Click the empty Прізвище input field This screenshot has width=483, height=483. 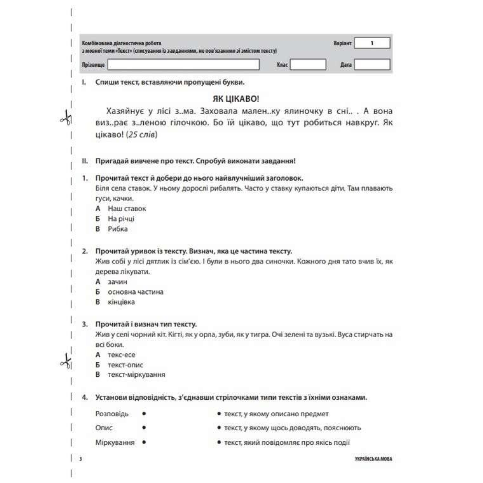pyautogui.click(x=184, y=64)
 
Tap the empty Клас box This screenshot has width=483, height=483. pyautogui.click(x=308, y=64)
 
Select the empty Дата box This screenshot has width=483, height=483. pyautogui.click(x=372, y=64)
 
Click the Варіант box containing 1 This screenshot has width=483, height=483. pyautogui.click(x=372, y=43)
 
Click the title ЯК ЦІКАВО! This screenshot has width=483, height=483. pyautogui.click(x=236, y=99)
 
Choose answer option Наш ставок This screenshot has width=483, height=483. pyautogui.click(x=127, y=208)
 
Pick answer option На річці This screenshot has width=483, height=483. pyautogui.click(x=121, y=219)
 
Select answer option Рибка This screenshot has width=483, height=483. pyautogui.click(x=118, y=229)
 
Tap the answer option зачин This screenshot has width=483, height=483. pyautogui.click(x=117, y=282)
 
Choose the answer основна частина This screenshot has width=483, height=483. pyautogui.click(x=135, y=292)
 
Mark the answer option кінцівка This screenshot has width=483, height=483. pyautogui.click(x=121, y=302)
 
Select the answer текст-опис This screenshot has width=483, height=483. pyautogui.click(x=125, y=365)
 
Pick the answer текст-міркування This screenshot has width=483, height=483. pyautogui.click(x=136, y=374)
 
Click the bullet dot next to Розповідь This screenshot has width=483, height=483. pyautogui.click(x=144, y=413)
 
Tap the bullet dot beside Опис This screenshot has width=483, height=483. pyautogui.click(x=144, y=427)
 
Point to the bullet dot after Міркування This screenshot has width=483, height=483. pyautogui.click(x=144, y=442)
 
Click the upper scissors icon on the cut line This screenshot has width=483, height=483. pyautogui.click(x=65, y=118)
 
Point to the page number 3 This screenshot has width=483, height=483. pyautogui.click(x=80, y=459)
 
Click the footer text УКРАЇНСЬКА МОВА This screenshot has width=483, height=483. pyautogui.click(x=374, y=459)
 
